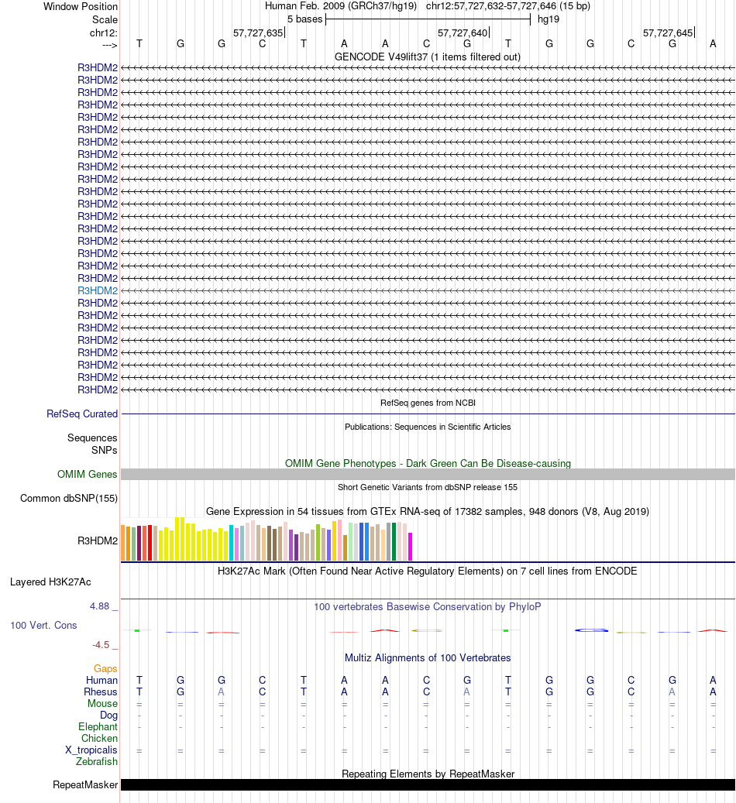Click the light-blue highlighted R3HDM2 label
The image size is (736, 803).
point(98,290)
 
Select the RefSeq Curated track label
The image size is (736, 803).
point(82,414)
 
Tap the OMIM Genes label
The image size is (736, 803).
point(87,475)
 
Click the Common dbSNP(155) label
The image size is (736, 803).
point(69,498)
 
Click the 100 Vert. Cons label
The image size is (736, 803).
point(43,625)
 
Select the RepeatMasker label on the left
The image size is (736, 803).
point(85,785)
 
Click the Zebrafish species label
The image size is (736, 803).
point(97,762)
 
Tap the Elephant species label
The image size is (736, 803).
point(98,727)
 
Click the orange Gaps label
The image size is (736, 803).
point(105,668)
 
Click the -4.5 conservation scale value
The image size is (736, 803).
point(103,644)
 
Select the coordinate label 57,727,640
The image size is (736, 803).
point(463,33)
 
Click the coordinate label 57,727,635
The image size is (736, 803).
point(258,33)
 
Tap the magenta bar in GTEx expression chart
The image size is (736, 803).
point(411,547)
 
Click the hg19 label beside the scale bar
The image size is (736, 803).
point(549,19)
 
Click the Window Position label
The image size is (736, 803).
point(81,6)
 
